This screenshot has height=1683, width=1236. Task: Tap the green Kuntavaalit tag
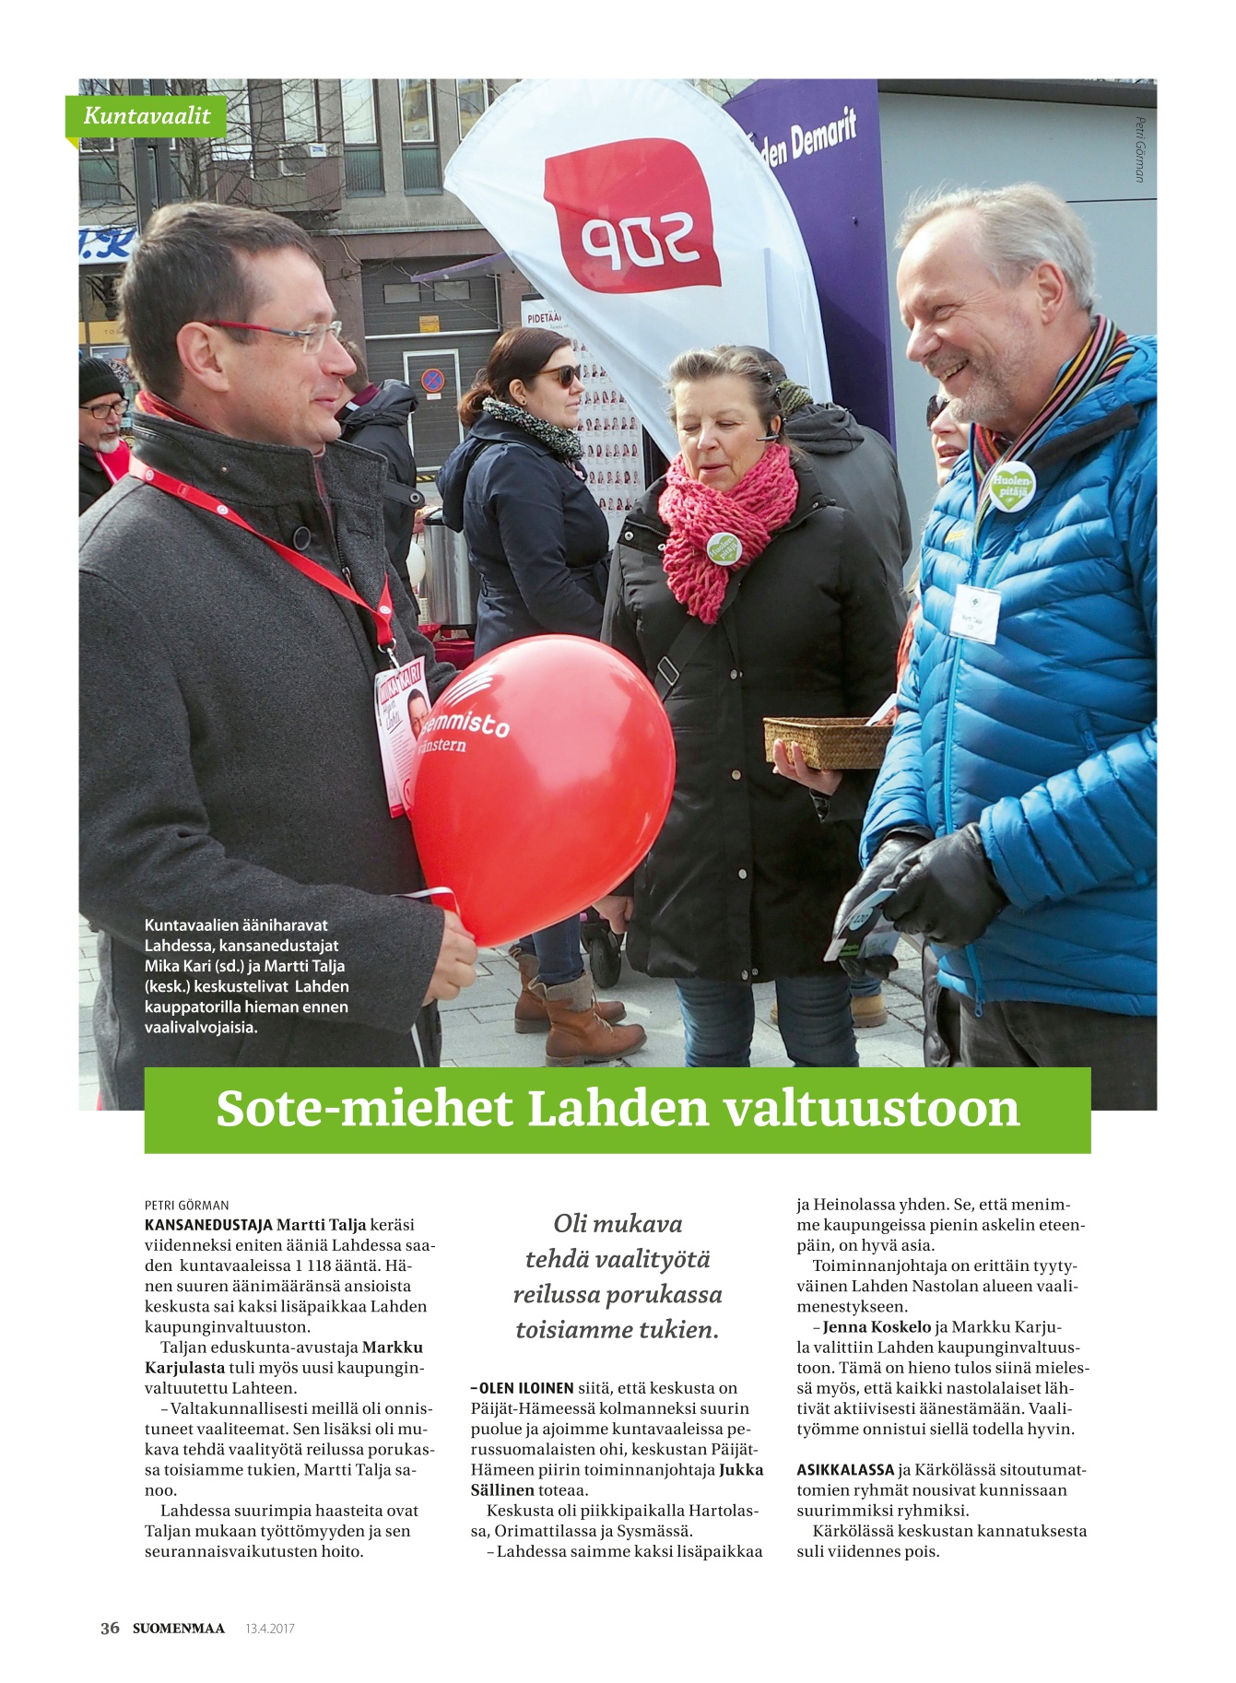coord(147,116)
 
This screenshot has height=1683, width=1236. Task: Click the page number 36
coord(110,1628)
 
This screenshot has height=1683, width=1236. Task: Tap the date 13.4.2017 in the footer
coord(269,1629)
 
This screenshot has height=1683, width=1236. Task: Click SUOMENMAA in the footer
coord(178,1629)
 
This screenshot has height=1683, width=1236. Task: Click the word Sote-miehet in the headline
coord(363,1109)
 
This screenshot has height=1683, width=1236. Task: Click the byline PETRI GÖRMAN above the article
coord(186,1205)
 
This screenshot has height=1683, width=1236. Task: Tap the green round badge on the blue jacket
coord(1012,485)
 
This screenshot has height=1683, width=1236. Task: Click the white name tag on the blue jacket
coord(976,612)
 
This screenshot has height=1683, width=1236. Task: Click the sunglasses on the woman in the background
coord(559,374)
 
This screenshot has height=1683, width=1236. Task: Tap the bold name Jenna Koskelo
coord(876,1327)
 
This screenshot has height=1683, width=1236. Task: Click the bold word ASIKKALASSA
coord(845,1469)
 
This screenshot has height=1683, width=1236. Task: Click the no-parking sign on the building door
coord(432,380)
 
